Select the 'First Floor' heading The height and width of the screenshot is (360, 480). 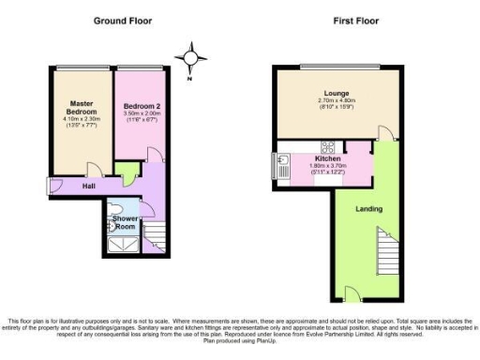point(356,20)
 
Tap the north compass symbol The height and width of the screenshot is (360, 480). point(193,58)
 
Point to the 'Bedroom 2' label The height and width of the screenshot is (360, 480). point(142,108)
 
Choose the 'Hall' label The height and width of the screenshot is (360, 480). point(88,186)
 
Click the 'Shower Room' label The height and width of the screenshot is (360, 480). point(125,221)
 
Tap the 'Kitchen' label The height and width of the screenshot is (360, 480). point(303,158)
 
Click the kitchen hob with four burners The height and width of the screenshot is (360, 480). point(329,146)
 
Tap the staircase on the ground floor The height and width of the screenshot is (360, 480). point(158,233)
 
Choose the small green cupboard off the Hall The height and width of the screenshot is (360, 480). point(126,170)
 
